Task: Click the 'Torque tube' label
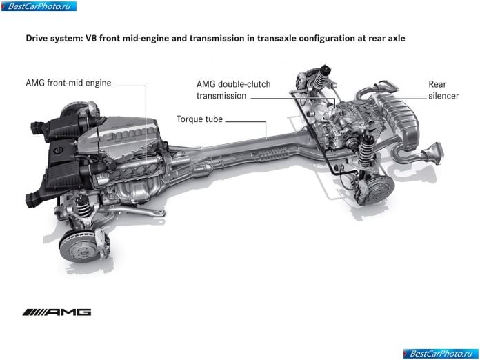coord(199,119)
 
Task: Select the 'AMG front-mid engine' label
coord(68,83)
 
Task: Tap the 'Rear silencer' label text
coord(443,90)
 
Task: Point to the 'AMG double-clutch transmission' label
coord(234,90)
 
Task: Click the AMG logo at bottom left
coord(57,312)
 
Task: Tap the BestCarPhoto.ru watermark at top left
coord(39,6)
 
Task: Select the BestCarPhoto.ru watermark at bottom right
coord(441,354)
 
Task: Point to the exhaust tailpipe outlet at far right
coord(433,152)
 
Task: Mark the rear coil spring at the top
coord(320,77)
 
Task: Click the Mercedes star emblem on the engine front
coord(58,150)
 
